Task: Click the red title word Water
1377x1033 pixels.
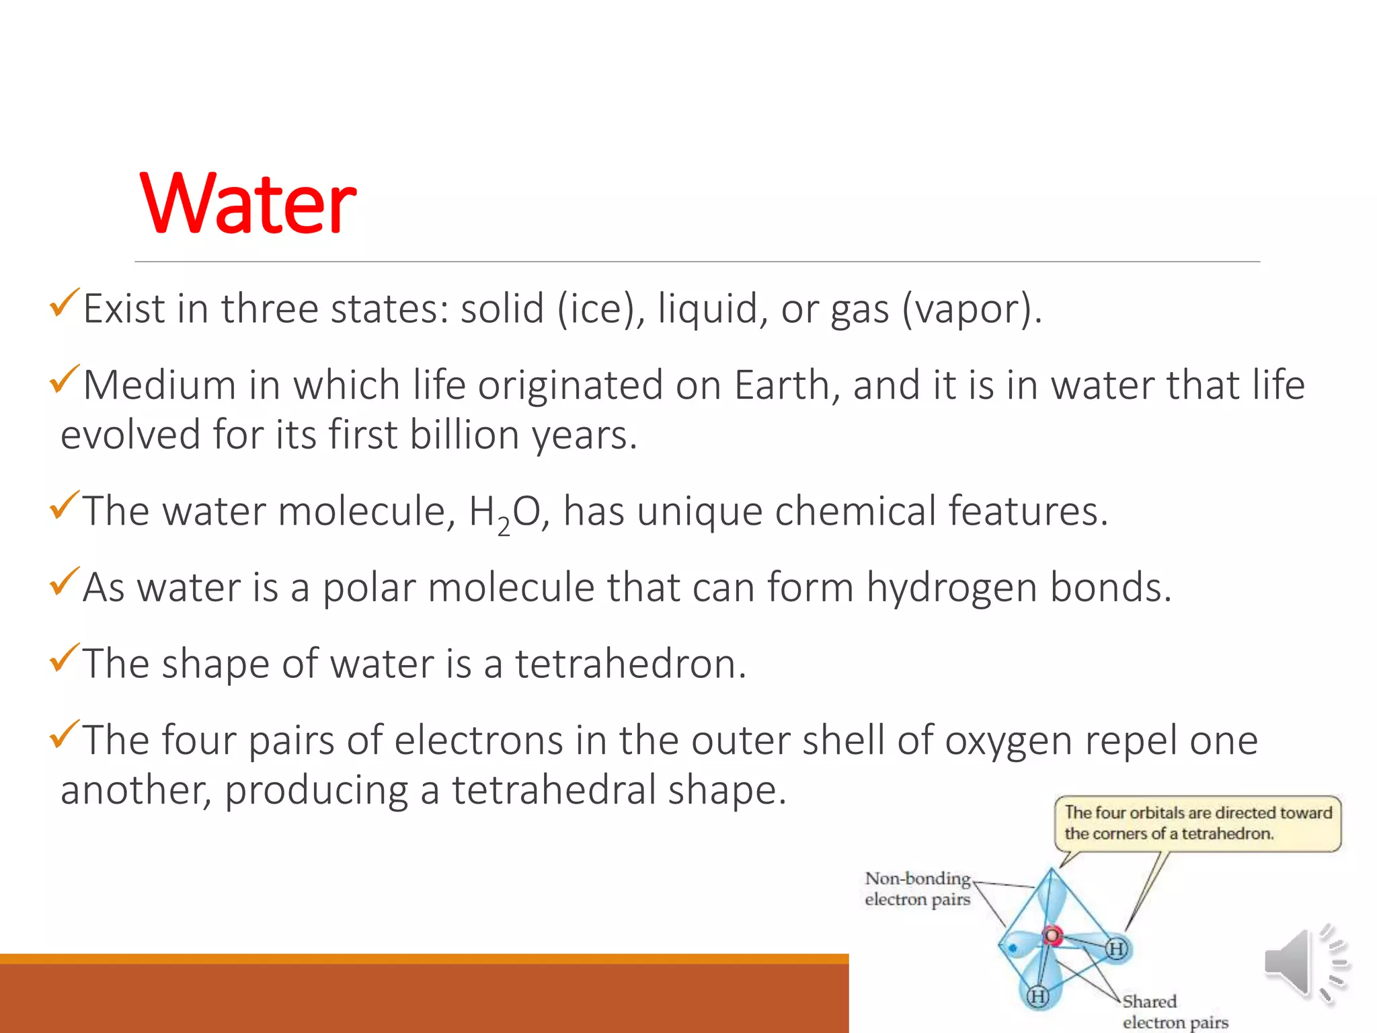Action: click(248, 203)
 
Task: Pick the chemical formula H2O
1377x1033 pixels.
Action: click(504, 512)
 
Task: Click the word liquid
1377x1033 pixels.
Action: click(707, 309)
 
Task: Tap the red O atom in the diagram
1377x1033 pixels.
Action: click(1052, 935)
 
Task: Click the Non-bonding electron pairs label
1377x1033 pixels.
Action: click(918, 888)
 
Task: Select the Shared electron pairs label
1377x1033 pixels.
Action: click(1175, 1011)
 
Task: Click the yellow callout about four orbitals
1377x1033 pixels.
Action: click(1197, 823)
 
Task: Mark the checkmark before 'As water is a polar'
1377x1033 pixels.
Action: click(64, 582)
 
